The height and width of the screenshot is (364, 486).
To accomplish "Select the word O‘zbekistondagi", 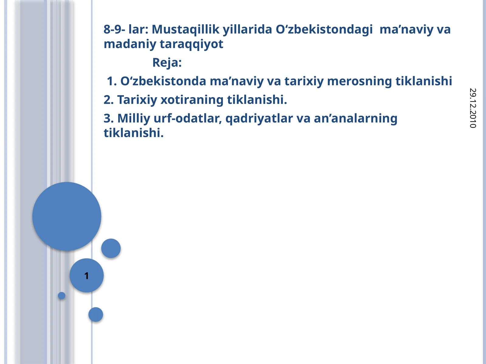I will (324, 29).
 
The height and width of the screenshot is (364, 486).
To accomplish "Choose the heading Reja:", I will (167, 62).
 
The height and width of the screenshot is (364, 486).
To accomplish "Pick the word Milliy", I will (134, 118).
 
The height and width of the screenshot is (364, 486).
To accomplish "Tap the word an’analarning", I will (355, 118).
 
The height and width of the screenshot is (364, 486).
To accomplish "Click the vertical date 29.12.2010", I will (473, 108).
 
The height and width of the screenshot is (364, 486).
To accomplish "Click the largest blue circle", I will (67, 216).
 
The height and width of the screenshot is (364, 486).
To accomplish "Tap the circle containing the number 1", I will (87, 275).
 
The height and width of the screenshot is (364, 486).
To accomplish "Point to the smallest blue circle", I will (62, 295).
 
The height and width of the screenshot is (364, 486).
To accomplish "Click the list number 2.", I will (108, 99).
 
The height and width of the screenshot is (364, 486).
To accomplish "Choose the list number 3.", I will (108, 118).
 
